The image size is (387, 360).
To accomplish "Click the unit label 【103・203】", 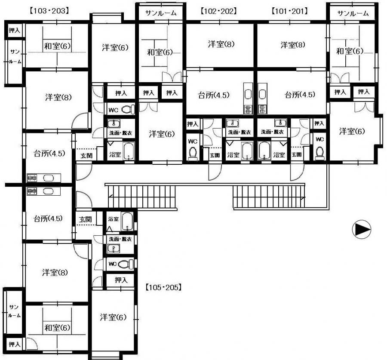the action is [49, 11].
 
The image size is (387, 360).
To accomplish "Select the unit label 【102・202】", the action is [219, 11].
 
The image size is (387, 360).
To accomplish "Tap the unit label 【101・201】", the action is [289, 11].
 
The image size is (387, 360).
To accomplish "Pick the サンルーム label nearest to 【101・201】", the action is [353, 13].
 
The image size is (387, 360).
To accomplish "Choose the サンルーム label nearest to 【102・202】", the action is [161, 13].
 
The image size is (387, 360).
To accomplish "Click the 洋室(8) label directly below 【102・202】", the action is [221, 44].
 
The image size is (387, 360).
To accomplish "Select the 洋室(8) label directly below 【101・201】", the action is [293, 45].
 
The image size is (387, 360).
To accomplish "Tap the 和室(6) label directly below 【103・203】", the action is [57, 46].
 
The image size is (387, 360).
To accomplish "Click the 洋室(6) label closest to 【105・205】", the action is [113, 317].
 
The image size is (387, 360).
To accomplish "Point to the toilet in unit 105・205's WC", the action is [126, 265].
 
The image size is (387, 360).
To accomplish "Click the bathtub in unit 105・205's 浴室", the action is [127, 221].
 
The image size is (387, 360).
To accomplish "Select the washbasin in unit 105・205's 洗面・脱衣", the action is [114, 249].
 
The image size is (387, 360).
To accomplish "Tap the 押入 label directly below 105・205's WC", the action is [121, 280].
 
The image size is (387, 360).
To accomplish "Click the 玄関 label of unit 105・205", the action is [86, 219].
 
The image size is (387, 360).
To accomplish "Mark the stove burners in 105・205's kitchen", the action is [32, 191].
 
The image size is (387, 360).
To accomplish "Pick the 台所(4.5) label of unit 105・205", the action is [48, 218].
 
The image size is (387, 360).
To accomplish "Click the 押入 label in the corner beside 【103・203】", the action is [14, 31].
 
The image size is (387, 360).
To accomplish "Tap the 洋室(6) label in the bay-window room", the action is [352, 131].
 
